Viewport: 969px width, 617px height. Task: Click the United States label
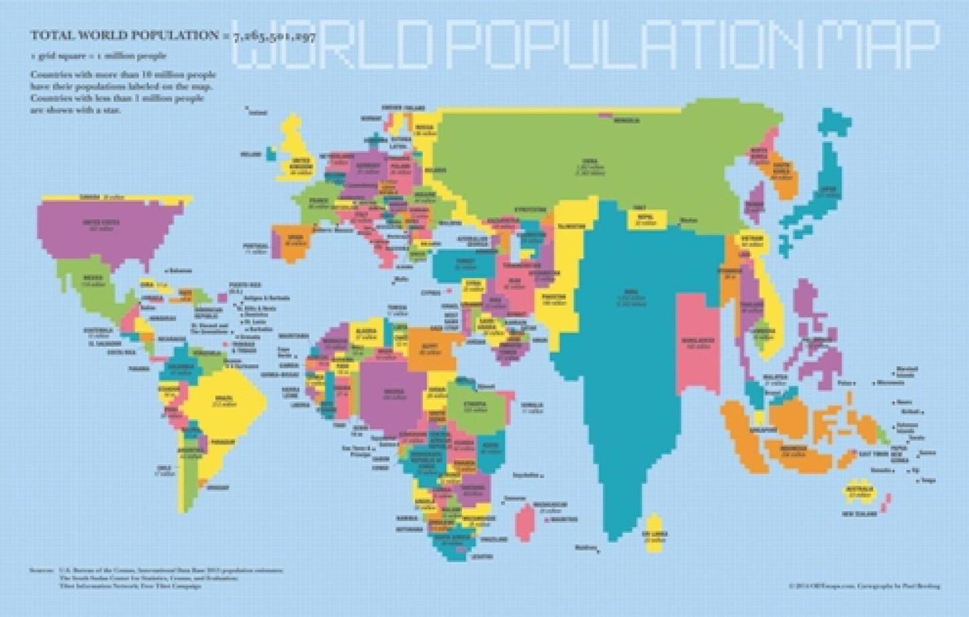(101, 222)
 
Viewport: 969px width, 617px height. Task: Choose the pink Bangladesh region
(697, 342)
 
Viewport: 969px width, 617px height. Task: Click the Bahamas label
(180, 271)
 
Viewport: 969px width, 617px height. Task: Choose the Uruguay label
(217, 487)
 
